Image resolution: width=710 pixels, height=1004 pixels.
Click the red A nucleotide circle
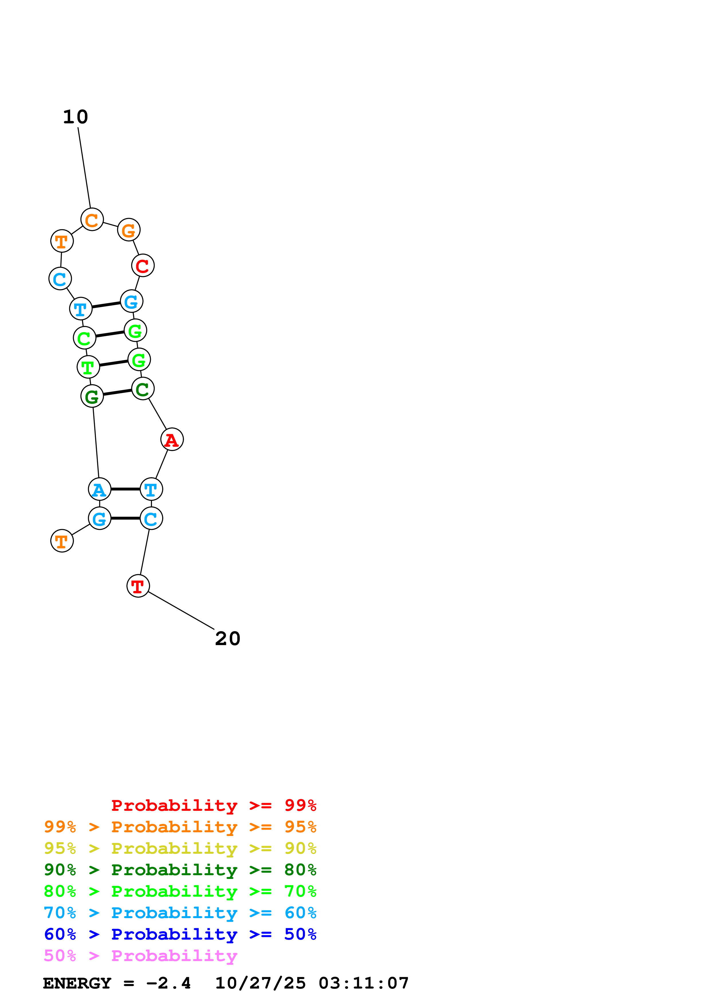click(172, 440)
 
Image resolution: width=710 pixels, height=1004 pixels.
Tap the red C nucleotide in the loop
click(143, 265)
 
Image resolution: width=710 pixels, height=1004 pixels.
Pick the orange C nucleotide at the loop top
click(92, 220)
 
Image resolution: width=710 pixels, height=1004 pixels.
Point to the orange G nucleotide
click(129, 230)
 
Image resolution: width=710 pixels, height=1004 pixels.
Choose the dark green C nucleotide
click(143, 389)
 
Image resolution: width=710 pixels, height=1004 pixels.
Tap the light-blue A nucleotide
click(99, 489)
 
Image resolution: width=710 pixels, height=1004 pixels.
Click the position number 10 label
click(75, 117)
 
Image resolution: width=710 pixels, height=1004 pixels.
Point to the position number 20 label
click(227, 639)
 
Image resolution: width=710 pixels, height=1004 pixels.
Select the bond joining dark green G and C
click(117, 392)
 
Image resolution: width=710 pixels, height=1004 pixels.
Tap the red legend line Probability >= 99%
click(213, 805)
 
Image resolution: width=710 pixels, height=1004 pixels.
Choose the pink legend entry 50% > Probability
click(140, 956)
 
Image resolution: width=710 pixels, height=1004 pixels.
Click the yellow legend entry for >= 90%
click(180, 848)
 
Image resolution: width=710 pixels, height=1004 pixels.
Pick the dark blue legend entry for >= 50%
click(180, 934)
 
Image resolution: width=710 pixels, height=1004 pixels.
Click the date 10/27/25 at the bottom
click(260, 983)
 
